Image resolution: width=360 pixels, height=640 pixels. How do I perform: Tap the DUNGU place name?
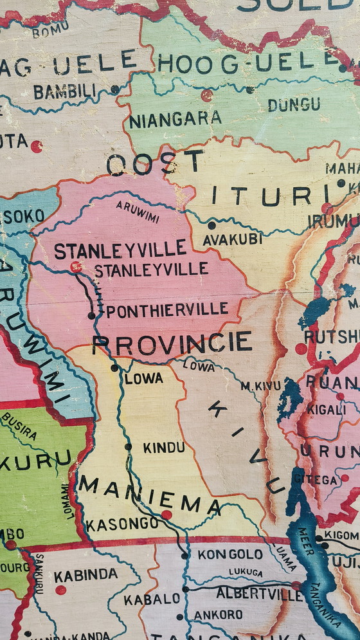[294, 104]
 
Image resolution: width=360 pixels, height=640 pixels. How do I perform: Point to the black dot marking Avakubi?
[212, 225]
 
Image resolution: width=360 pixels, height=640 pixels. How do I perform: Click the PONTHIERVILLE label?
[166, 310]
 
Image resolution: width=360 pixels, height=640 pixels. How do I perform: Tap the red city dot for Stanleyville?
[76, 266]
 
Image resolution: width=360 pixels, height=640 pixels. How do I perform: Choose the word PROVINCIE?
[172, 343]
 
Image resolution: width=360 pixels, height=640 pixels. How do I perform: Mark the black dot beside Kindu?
[129, 446]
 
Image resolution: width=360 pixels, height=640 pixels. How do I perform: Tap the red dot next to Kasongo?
[166, 514]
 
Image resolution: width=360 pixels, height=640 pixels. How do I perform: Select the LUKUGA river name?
[245, 572]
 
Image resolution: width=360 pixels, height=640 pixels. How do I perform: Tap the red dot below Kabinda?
[60, 590]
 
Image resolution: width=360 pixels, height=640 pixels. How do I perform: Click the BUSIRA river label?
[19, 426]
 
